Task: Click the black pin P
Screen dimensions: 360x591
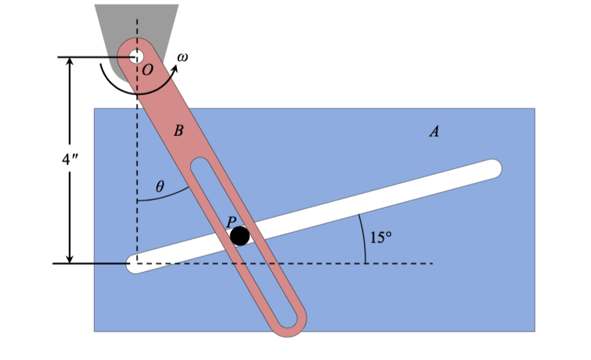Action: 240,235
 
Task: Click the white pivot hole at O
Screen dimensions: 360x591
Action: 137,57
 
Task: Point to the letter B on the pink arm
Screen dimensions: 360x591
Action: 177,131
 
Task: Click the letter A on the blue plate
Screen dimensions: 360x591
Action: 434,132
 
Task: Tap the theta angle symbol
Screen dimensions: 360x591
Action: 158,187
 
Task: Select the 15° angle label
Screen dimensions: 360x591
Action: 382,237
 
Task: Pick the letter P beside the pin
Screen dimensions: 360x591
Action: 232,223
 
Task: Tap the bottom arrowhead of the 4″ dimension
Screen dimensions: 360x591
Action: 69,258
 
